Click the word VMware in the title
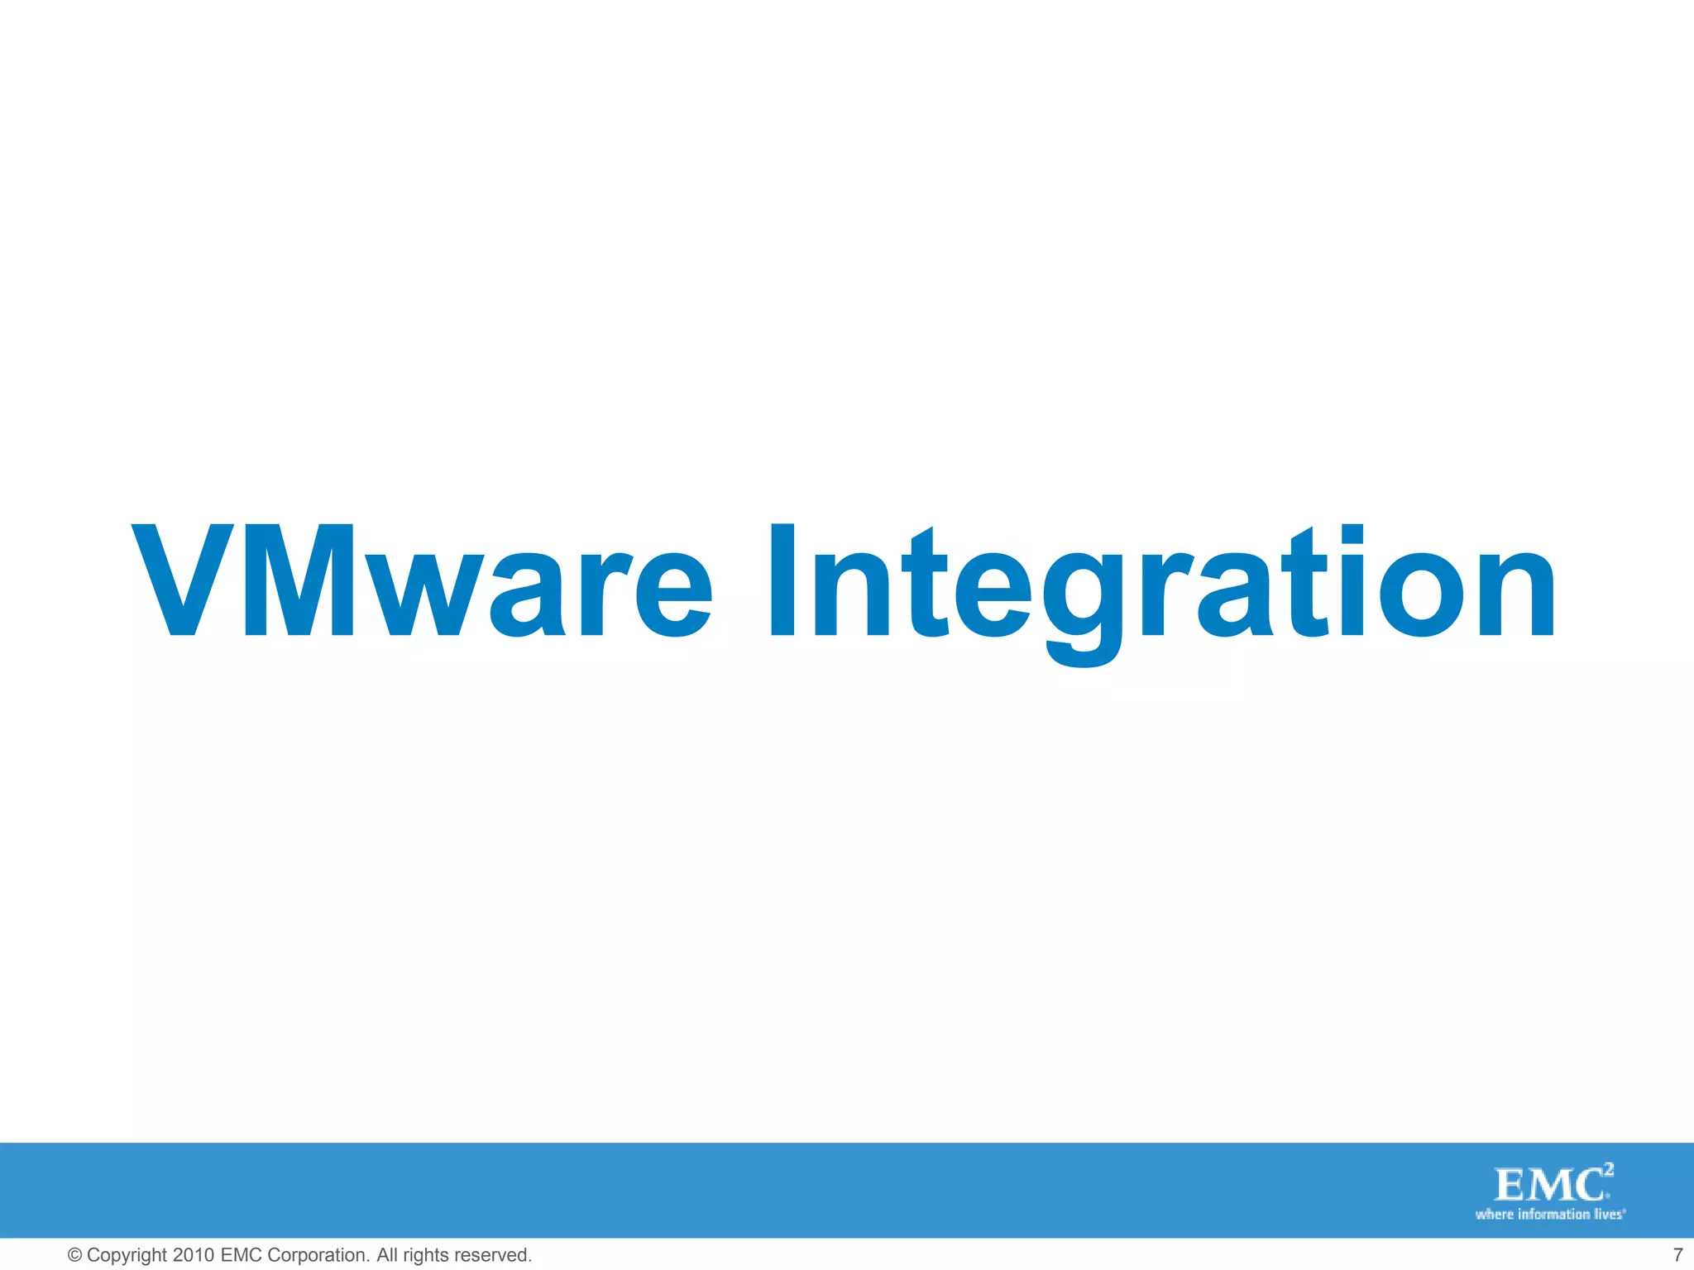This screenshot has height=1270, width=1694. click(422, 583)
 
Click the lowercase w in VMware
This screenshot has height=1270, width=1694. click(428, 594)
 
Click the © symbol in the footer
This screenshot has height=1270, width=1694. click(74, 1255)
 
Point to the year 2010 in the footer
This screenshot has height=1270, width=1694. click(194, 1255)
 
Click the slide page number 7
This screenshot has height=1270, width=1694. click(1678, 1255)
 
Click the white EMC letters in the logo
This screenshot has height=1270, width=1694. click(1548, 1186)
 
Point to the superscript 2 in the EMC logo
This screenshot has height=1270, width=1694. click(1608, 1170)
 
